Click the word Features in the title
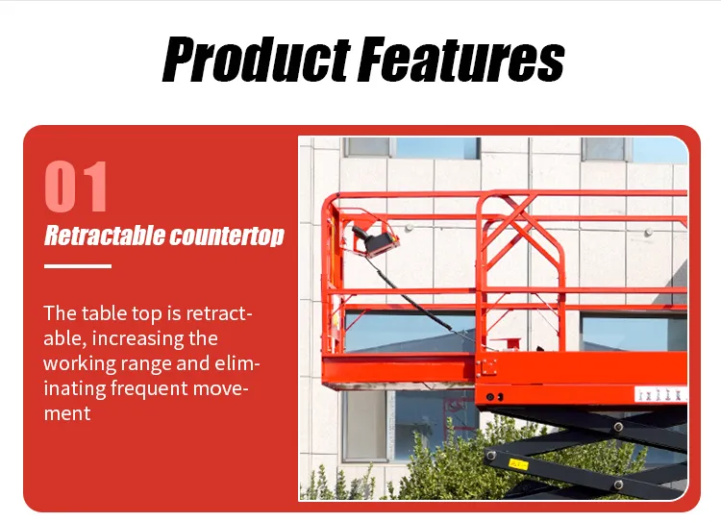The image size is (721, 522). coord(460,59)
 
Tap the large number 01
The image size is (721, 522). coord(77,186)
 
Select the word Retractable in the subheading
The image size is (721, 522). coord(103,236)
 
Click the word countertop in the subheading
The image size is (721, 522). coord(227,236)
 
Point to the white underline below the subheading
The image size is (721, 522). coord(78,266)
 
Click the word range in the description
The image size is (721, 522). coord(149,363)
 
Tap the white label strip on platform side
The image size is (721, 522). coord(659,393)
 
